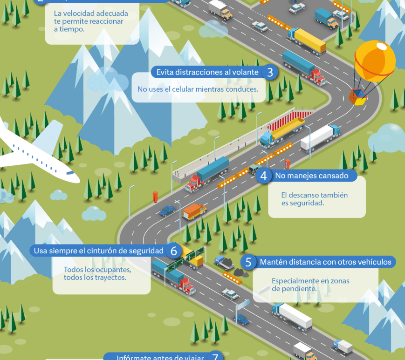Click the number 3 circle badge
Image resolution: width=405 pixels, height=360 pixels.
click(x=270, y=73)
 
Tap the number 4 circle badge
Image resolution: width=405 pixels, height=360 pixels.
click(x=264, y=176)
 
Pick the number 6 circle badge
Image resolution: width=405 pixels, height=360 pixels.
click(x=174, y=251)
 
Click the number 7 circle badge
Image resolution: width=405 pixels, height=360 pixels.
click(x=215, y=357)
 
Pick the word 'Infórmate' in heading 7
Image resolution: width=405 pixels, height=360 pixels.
click(x=132, y=358)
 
